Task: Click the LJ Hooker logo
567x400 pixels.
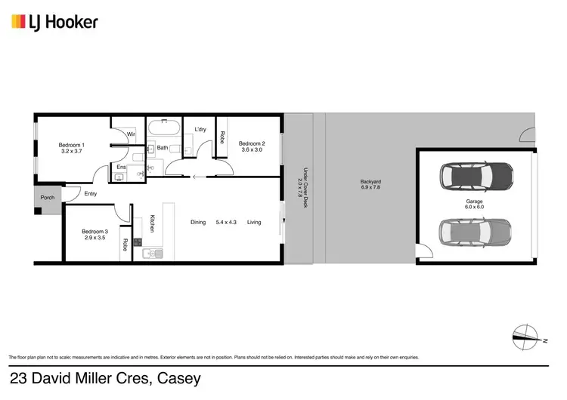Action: point(54,22)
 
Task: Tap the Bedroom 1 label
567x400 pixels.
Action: point(72,145)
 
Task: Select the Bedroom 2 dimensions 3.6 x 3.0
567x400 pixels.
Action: point(251,150)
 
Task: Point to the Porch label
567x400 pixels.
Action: point(48,199)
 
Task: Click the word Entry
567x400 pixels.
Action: point(91,194)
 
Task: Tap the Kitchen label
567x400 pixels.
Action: point(152,223)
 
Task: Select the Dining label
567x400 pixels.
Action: point(198,222)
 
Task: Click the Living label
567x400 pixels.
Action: point(254,222)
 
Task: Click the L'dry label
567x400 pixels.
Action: point(200,130)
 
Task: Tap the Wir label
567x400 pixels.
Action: point(131,134)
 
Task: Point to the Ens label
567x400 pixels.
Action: point(121,167)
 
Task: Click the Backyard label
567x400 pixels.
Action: point(370,182)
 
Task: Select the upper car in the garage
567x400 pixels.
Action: point(476,176)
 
